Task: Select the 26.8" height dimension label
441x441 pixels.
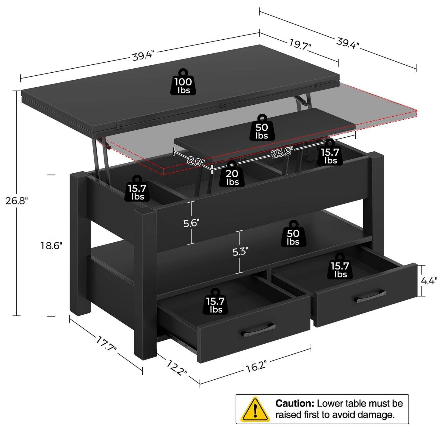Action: tap(16, 201)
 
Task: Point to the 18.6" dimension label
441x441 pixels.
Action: tap(51, 245)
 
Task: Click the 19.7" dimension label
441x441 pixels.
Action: tap(300, 45)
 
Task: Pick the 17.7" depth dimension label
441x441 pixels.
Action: tap(106, 344)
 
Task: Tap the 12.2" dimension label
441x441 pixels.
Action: tap(177, 367)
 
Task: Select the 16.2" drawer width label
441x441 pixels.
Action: tap(256, 366)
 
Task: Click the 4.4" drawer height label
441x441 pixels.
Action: tap(429, 281)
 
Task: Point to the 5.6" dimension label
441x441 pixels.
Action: tap(191, 223)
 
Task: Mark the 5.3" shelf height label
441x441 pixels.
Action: tap(240, 251)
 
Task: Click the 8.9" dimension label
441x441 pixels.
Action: tap(195, 161)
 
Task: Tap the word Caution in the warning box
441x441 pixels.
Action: tap(295, 403)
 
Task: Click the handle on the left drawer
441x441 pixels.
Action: tap(258, 330)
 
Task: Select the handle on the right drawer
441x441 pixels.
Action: tap(370, 296)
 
